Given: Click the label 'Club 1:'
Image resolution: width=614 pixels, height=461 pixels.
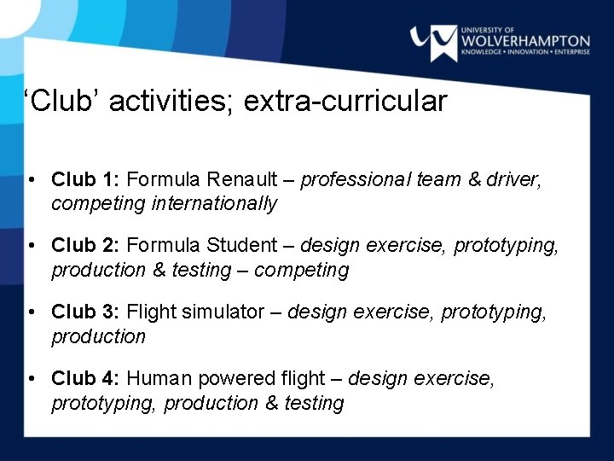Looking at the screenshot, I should pos(86,179).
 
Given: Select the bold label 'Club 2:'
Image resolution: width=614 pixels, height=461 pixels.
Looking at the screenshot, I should pos(86,246).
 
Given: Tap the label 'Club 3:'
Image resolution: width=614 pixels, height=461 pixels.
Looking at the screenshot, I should pos(86,312).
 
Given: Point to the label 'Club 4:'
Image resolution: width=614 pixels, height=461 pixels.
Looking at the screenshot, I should pos(86,378).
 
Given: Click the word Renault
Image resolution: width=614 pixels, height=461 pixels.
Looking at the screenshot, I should pos(240,179).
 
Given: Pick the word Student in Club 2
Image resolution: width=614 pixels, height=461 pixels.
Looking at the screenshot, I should pos(240,246).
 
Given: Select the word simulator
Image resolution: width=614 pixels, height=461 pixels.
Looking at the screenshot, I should pos(223,312).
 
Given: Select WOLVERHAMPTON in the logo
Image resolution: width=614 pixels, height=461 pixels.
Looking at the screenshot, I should pos(525,40).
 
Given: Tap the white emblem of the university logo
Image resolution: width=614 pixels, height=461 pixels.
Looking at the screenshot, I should pos(433,42).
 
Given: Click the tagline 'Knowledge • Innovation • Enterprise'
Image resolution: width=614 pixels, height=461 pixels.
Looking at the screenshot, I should pos(525,52).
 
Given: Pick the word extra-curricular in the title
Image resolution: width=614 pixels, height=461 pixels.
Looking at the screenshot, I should pos(345,102).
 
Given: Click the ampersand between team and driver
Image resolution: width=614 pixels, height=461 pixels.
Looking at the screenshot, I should pos(475,179).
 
